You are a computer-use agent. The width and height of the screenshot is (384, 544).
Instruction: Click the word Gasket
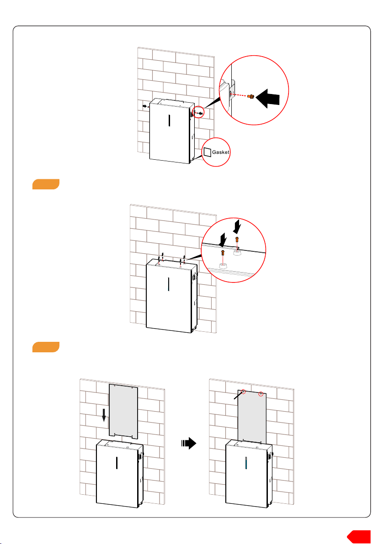pyautogui.click(x=221, y=152)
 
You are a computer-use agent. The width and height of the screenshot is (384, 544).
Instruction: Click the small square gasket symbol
pyautogui.click(x=208, y=152)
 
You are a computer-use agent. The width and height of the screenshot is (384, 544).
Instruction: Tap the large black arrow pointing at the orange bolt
pyautogui.click(x=267, y=98)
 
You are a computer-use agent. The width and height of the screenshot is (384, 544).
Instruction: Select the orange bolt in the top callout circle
pyautogui.click(x=250, y=96)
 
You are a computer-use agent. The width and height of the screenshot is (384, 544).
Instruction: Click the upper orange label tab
pyautogui.click(x=46, y=184)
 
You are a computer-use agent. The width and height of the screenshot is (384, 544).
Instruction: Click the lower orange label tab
pyautogui.click(x=46, y=347)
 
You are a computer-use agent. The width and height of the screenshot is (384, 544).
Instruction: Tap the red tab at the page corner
pyautogui.click(x=359, y=536)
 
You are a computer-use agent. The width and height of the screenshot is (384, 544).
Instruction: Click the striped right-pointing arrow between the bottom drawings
pyautogui.click(x=189, y=443)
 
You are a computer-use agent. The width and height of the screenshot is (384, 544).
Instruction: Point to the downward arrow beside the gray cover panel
pyautogui.click(x=104, y=415)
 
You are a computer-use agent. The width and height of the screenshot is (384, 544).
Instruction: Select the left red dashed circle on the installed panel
pyautogui.click(x=244, y=392)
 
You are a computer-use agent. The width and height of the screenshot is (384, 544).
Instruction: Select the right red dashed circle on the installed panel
pyautogui.click(x=261, y=394)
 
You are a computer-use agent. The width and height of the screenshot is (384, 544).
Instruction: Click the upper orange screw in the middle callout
pyautogui.click(x=237, y=240)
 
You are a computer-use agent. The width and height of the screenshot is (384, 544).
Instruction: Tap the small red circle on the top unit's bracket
pyautogui.click(x=198, y=112)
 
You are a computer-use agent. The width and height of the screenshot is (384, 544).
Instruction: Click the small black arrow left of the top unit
pyautogui.click(x=145, y=106)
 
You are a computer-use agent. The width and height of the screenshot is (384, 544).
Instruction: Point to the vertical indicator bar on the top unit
pyautogui.click(x=169, y=120)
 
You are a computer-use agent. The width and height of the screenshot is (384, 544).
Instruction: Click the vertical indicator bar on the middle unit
pyautogui.click(x=169, y=284)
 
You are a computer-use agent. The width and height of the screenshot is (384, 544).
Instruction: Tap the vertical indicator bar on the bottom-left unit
pyautogui.click(x=117, y=463)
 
